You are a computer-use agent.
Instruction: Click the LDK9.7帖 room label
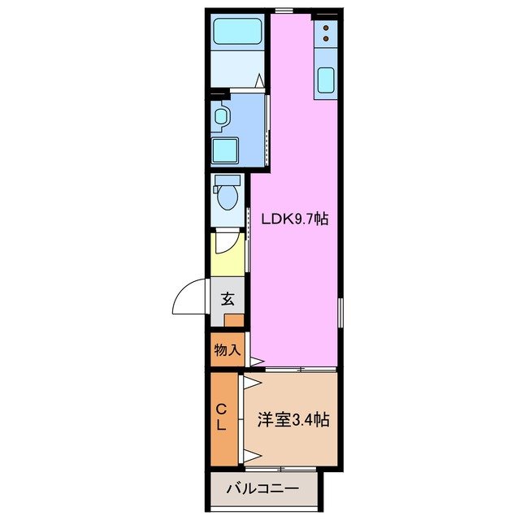(294, 219)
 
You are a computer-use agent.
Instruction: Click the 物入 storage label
(227, 350)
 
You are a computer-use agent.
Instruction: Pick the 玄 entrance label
(228, 298)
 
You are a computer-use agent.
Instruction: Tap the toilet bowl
(227, 196)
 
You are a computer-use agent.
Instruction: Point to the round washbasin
(220, 116)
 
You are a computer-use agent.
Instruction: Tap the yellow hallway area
(228, 253)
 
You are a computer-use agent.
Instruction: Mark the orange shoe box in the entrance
(234, 320)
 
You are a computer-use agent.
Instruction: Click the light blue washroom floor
(249, 130)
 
